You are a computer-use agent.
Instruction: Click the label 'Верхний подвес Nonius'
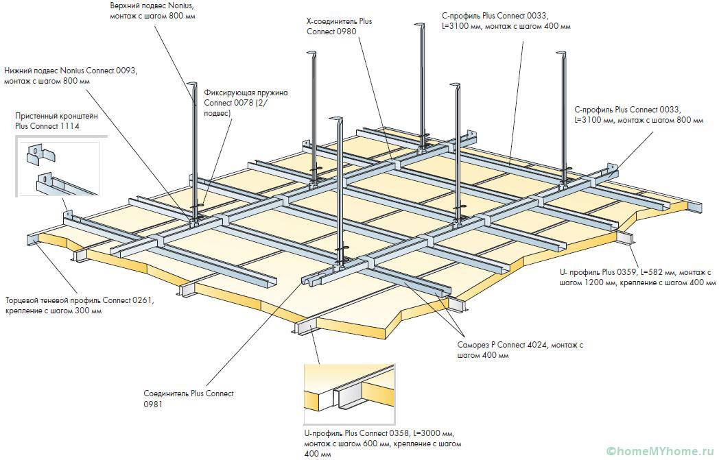pyautogui.click(x=152, y=10)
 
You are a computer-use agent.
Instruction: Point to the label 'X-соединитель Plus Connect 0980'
pyautogui.click(x=339, y=27)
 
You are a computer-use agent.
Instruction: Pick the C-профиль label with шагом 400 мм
pyautogui.click(x=506, y=21)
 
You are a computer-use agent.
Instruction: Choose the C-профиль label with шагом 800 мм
pyautogui.click(x=638, y=114)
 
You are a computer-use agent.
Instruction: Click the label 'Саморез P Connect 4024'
pyautogui.click(x=519, y=350)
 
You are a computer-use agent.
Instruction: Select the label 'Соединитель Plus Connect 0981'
pyautogui.click(x=188, y=398)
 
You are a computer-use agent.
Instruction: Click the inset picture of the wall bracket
pyautogui.click(x=58, y=171)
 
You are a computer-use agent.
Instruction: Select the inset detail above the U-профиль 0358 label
pyautogui.click(x=351, y=395)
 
